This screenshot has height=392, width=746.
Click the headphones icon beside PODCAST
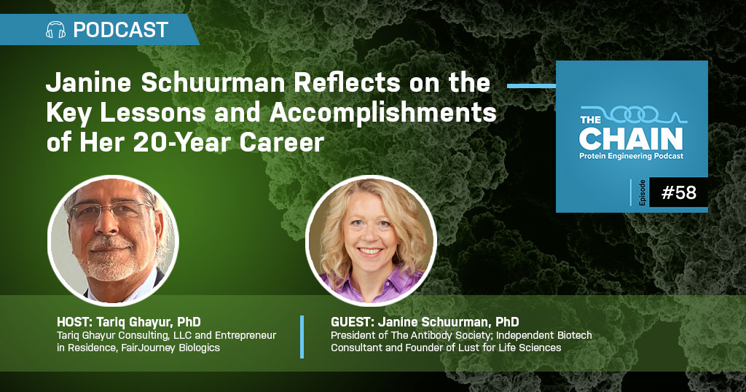[x=55, y=30]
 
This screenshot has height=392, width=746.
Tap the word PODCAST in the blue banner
[x=120, y=30]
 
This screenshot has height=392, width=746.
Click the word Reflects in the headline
[x=348, y=83]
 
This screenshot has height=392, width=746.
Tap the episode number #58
[x=679, y=192]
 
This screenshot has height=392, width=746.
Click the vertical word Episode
[x=643, y=192]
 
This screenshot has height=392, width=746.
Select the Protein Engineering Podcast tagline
[x=632, y=156]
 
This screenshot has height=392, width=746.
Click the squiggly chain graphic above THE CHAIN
[x=634, y=114]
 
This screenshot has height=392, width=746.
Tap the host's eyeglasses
[x=109, y=211]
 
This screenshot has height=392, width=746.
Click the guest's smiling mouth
[x=370, y=251]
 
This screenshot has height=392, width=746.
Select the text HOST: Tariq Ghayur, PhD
[x=128, y=322]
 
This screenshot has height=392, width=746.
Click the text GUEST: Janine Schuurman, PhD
[x=425, y=322]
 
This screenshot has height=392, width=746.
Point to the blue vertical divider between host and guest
[x=302, y=337]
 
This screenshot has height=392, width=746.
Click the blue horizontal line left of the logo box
[x=531, y=86]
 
